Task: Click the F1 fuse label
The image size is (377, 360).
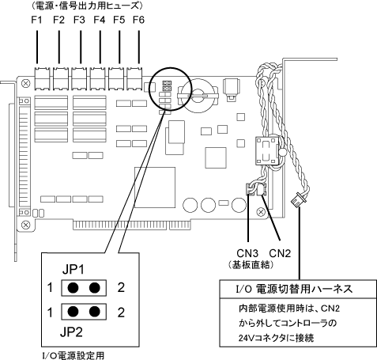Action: [x=36, y=20]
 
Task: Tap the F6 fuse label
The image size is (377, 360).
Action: [x=138, y=20]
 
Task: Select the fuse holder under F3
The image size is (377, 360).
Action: [x=79, y=78]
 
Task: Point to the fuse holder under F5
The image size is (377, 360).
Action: [x=116, y=78]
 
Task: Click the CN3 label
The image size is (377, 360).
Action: [x=247, y=253]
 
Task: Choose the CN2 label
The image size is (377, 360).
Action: [x=280, y=253]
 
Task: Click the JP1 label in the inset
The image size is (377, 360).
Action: [x=74, y=270]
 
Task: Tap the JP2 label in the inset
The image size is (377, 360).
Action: [x=71, y=332]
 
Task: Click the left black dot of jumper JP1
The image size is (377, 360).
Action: [x=73, y=288]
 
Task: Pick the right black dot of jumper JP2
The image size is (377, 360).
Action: [x=95, y=312]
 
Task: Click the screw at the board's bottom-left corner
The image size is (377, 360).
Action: [x=25, y=225]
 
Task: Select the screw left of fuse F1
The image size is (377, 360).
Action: [x=25, y=84]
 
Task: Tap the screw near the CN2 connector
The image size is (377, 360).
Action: [x=261, y=212]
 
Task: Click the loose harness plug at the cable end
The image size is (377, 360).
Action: [x=296, y=201]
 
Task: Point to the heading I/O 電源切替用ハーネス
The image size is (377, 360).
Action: [x=294, y=289]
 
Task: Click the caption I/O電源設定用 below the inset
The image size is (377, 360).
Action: [x=74, y=355]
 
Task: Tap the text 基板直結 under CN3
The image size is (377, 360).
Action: [x=251, y=265]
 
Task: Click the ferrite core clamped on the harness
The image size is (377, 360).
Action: [x=267, y=151]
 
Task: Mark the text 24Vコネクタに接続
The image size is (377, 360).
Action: [x=276, y=338]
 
